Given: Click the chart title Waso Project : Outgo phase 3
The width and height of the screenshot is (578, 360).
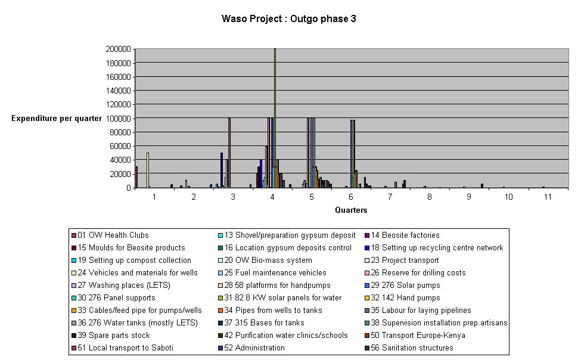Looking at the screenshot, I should point(288,18).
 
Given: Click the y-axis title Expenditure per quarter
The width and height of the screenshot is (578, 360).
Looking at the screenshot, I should point(57,119).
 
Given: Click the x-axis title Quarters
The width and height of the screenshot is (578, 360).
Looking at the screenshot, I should point(351,210).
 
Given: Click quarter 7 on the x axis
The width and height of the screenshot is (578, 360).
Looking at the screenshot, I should point(390,196).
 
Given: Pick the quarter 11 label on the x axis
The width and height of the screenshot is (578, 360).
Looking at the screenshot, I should point(548,196).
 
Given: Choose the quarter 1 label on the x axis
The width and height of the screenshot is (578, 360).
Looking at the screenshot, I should point(154,196).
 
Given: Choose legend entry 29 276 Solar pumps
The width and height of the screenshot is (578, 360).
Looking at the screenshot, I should point(405,285).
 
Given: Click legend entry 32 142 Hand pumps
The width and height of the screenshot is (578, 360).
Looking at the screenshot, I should point(403,298).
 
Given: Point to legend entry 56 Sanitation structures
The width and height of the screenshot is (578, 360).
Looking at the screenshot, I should point(412,348).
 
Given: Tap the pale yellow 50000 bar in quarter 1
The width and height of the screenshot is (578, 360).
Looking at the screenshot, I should point(147,170).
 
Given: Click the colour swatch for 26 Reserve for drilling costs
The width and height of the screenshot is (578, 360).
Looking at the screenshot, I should point(366,273).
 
